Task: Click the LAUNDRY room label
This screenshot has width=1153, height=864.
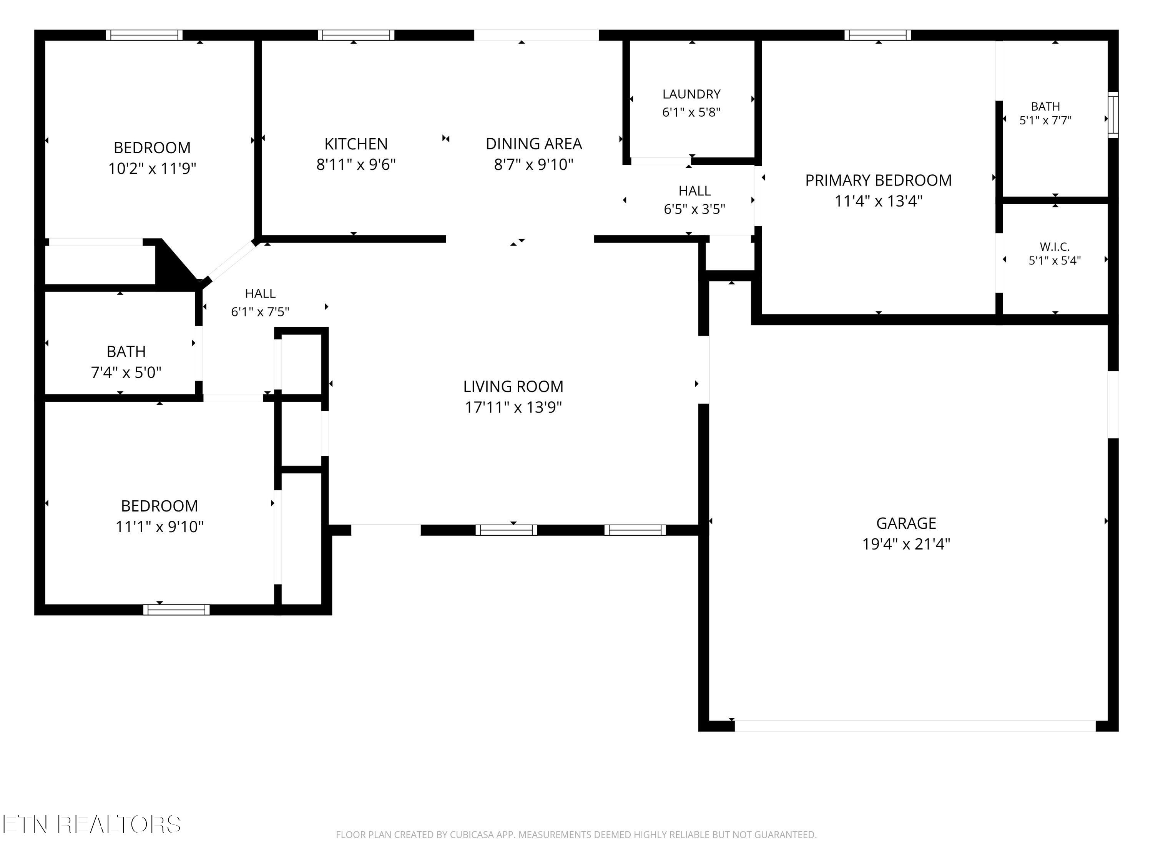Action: pyautogui.click(x=691, y=94)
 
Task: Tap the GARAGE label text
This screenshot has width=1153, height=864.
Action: pyautogui.click(x=906, y=523)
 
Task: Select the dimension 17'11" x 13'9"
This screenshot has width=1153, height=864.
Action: pyautogui.click(x=513, y=407)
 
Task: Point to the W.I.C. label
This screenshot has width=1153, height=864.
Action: pyautogui.click(x=1055, y=247)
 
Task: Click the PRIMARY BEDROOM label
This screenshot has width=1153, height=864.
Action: pyautogui.click(x=878, y=180)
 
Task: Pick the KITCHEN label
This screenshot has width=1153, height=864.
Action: pyautogui.click(x=356, y=144)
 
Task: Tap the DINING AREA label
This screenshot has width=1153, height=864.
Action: pyautogui.click(x=534, y=144)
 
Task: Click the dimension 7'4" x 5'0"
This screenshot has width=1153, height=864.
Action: pyautogui.click(x=126, y=372)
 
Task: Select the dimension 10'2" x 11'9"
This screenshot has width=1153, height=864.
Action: pyautogui.click(x=152, y=169)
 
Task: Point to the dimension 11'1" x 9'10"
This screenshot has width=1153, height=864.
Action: pyautogui.click(x=159, y=526)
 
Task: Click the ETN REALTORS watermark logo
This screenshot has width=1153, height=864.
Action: pyautogui.click(x=92, y=824)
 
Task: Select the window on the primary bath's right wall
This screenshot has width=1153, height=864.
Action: pyautogui.click(x=1113, y=114)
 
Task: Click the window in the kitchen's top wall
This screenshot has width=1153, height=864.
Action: pyautogui.click(x=356, y=35)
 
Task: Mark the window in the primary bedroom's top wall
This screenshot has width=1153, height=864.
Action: pyautogui.click(x=878, y=35)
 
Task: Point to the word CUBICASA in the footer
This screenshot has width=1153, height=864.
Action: pyautogui.click(x=471, y=835)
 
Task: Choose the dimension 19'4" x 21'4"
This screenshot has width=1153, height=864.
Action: pyautogui.click(x=906, y=544)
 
